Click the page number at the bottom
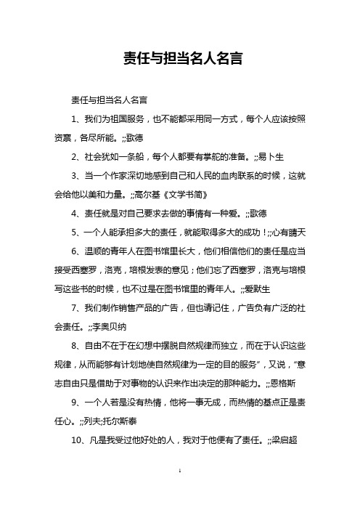[179, 491]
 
